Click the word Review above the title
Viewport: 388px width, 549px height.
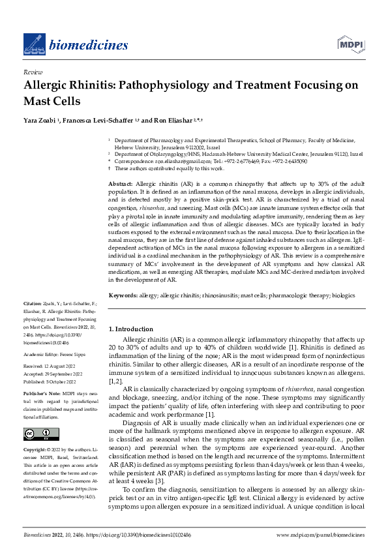[33, 72]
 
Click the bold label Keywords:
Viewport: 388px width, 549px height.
[123, 295]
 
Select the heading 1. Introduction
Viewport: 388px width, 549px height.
[131, 329]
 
